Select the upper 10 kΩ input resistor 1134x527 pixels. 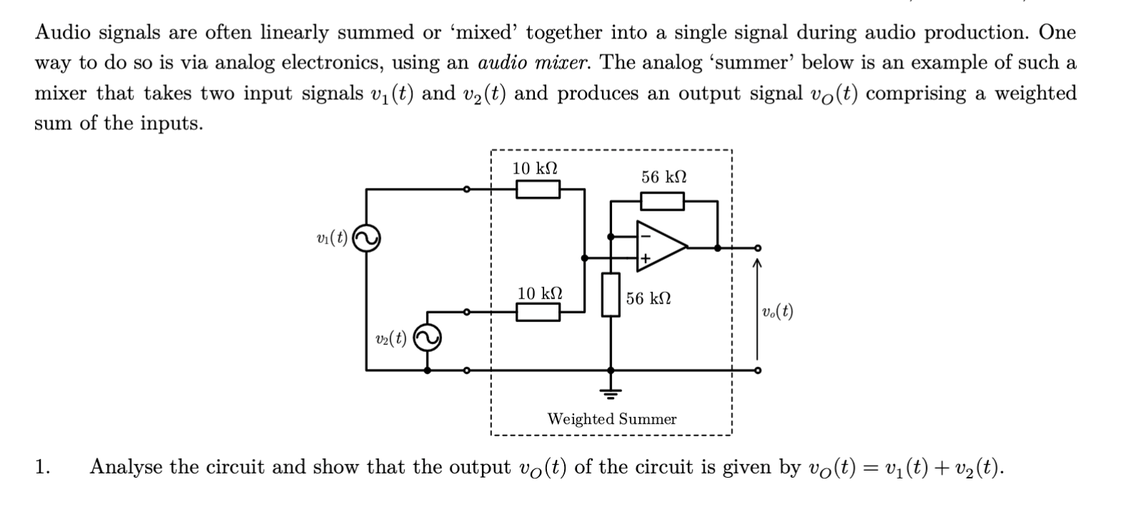point(538,189)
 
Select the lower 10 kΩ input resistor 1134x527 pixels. point(538,312)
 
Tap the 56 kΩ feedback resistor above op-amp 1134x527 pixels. point(662,202)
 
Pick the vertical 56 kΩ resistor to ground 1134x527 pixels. point(610,294)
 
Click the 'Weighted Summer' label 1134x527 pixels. point(611,419)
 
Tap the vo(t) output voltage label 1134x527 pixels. point(777,311)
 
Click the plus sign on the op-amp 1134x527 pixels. point(644,259)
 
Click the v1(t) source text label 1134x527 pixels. point(331,238)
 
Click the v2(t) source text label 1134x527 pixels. point(391,338)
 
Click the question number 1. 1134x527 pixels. point(42,468)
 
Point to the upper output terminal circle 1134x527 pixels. point(758,248)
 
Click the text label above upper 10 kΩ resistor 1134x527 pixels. point(535,169)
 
